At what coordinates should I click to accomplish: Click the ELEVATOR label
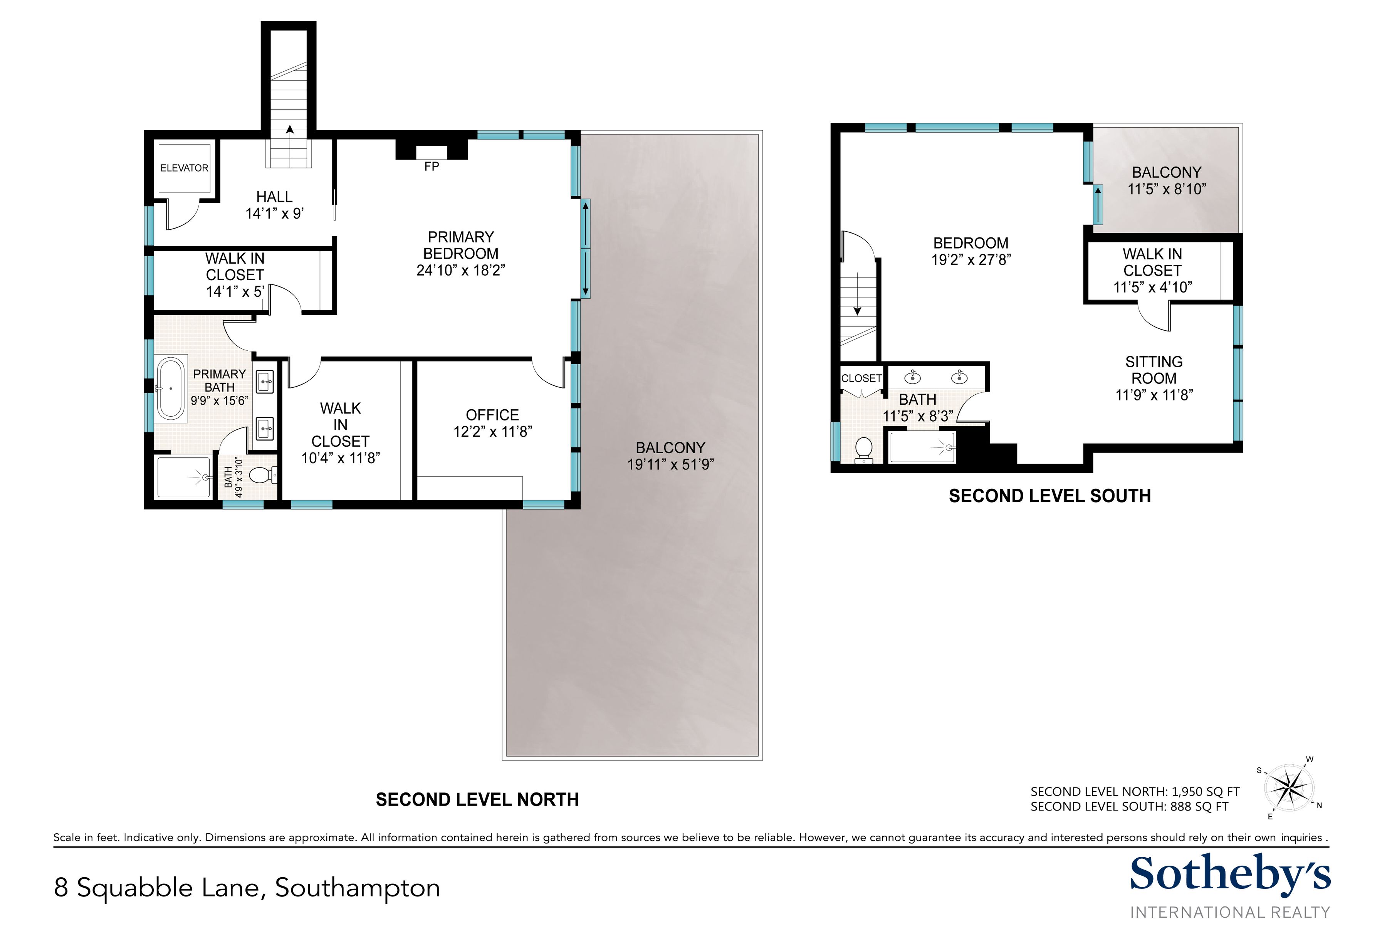184,168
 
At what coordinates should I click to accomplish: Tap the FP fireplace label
432,167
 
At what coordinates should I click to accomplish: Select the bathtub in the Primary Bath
171,388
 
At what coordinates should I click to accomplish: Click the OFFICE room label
492,415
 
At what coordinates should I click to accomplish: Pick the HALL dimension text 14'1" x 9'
275,214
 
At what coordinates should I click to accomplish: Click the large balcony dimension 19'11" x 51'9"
670,465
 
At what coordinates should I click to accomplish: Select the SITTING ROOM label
1154,370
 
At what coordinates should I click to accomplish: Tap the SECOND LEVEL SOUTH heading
1049,496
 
